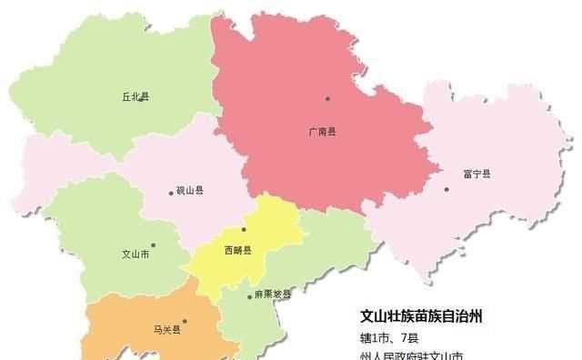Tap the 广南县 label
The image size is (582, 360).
point(322,132)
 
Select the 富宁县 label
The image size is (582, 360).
point(477,174)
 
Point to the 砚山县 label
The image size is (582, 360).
point(189,192)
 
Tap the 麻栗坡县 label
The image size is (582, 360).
point(274,294)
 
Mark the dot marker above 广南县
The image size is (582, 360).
point(328,98)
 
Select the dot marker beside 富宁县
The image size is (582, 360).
point(447,189)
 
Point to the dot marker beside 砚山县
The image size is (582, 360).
point(170,193)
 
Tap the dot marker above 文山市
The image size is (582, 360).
point(154,244)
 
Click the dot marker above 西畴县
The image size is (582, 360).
point(244,229)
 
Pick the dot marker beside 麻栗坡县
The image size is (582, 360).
point(249,296)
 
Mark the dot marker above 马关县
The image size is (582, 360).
point(185,320)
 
